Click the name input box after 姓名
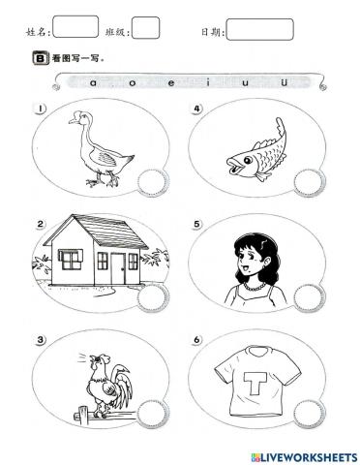[75, 28]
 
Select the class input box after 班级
[145, 28]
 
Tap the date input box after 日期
[258, 29]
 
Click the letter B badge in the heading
[40, 58]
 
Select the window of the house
[71, 259]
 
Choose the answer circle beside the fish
[307, 181]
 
